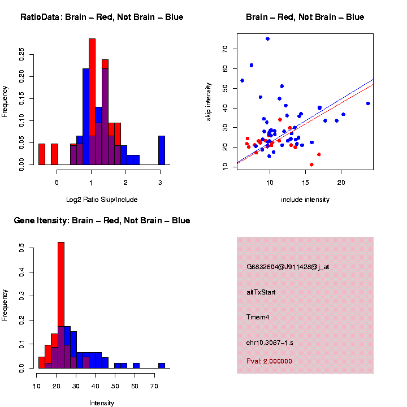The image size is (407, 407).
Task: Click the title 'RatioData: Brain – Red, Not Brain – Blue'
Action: point(102,17)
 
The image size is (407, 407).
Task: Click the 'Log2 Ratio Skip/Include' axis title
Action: point(102,200)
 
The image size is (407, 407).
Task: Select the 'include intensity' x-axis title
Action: point(305,200)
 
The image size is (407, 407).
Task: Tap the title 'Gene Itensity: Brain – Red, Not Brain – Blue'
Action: point(102,220)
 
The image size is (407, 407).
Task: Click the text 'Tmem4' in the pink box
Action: point(258,317)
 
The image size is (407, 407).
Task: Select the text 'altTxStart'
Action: point(261,292)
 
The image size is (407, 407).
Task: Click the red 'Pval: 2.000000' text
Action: point(269,361)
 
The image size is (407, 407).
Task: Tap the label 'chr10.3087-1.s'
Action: point(269,343)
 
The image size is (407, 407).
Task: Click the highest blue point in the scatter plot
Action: point(267,39)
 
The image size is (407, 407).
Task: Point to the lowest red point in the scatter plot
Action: point(311,164)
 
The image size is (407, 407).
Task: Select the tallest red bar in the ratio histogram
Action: point(92,102)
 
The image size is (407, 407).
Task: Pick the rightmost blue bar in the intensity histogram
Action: point(162,365)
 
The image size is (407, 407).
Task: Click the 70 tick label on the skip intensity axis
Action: point(226,49)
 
